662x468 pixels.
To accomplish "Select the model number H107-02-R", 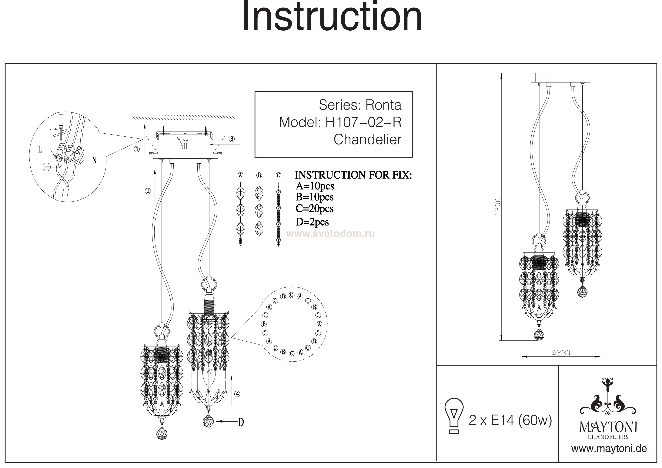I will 363,122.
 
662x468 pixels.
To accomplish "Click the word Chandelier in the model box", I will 367,140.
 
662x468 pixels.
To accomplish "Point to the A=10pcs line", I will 315,186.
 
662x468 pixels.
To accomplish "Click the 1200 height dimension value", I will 498,206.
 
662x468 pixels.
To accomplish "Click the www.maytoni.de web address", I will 609,449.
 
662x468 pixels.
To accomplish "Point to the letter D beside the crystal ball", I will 241,423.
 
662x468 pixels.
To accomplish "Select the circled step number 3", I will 232,139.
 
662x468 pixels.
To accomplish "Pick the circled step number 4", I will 237,394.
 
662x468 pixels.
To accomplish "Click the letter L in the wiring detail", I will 40,149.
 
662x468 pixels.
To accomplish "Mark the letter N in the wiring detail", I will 94,160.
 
